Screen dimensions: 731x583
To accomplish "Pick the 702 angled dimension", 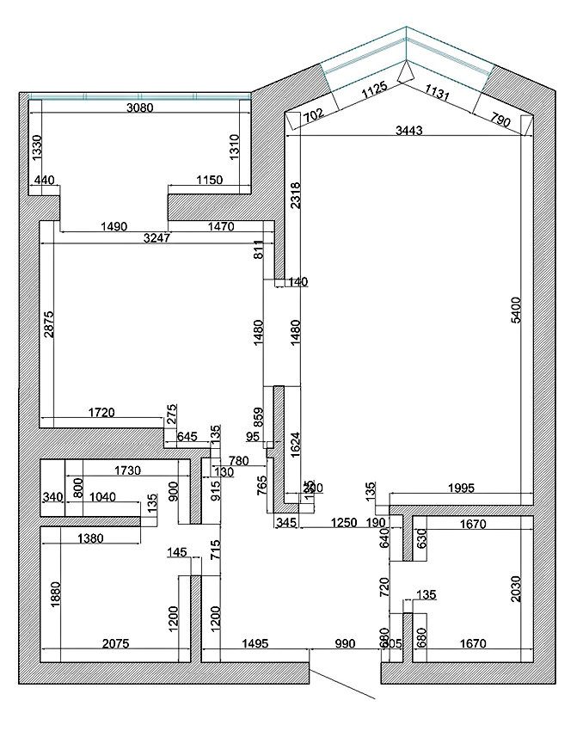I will point(312,114).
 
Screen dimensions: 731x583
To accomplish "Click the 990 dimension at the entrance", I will point(344,643).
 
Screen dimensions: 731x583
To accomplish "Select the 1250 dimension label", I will point(344,522).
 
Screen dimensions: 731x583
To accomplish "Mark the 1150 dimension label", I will point(209,180).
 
